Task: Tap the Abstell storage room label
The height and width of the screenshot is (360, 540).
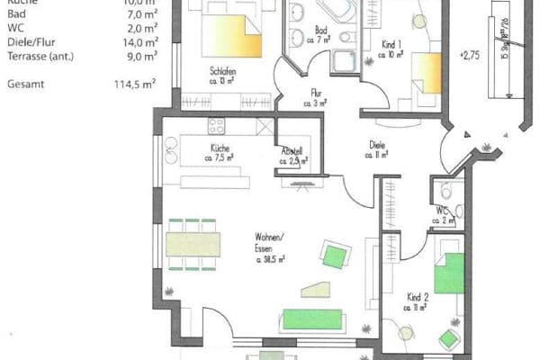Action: (x=292, y=151)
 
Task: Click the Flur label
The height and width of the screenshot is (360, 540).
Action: (x=316, y=92)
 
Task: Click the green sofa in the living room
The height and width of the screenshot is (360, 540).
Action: (x=311, y=319)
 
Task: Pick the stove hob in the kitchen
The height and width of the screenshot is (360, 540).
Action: (x=216, y=125)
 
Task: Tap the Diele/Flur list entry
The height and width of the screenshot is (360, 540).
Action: (x=31, y=41)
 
